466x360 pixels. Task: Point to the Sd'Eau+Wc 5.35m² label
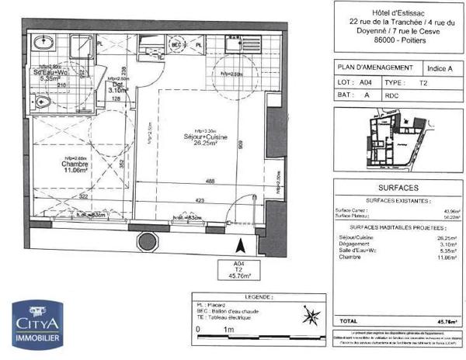[x=48, y=76]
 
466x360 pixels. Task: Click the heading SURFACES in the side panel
[x=397, y=189]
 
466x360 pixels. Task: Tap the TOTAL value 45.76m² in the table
[x=445, y=320]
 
